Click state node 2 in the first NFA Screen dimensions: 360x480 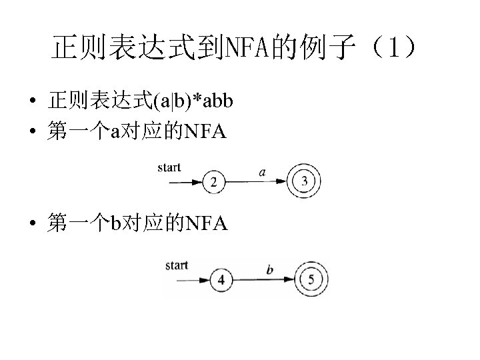pos(213,181)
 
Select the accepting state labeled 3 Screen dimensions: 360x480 pos(305,181)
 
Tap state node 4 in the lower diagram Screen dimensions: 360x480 pos(221,279)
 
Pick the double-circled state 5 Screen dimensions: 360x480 pos(311,279)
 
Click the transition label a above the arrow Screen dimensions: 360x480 pos(262,172)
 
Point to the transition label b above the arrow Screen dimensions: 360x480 pos(269,270)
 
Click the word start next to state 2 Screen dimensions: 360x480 pos(169,167)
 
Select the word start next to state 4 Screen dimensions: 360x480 pos(177,265)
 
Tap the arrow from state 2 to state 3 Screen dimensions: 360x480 pos(257,181)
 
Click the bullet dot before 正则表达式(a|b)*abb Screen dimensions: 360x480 pos(32,103)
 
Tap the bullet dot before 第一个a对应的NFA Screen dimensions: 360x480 pos(32,133)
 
